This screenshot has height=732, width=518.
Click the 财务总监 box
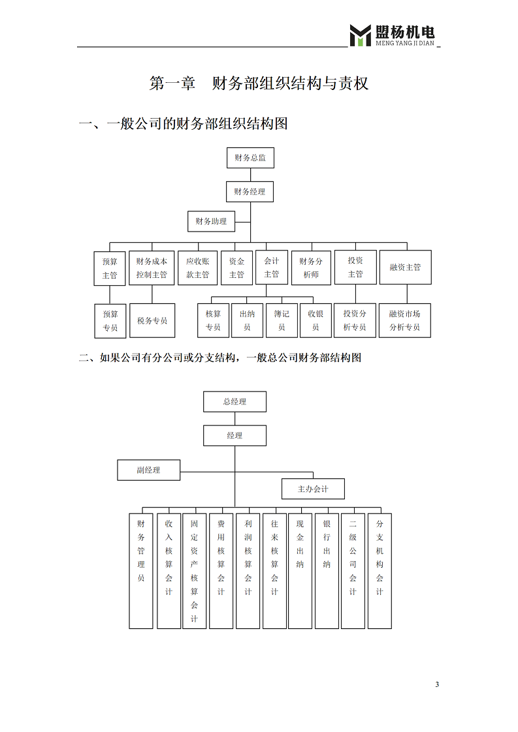(x=250, y=158)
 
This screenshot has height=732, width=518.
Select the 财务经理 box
(x=250, y=191)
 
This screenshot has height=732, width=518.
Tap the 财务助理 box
(x=211, y=221)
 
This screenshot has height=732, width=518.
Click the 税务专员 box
(x=152, y=321)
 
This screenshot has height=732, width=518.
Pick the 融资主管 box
(x=406, y=267)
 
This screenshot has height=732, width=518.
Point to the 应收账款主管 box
(x=198, y=267)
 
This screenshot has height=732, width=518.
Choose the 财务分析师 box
(x=311, y=267)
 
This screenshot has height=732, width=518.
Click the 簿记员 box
(x=282, y=321)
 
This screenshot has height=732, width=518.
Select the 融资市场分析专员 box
(x=405, y=321)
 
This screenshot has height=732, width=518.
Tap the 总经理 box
(x=235, y=401)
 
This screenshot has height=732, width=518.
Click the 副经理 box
(x=149, y=470)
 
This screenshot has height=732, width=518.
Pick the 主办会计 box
(x=314, y=489)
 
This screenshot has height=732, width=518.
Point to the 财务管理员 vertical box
(x=141, y=571)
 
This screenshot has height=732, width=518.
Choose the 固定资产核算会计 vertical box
(x=195, y=571)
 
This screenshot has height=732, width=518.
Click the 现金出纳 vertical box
(x=300, y=571)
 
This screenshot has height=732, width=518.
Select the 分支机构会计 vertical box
(x=380, y=571)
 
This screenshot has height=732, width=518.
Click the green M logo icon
(x=360, y=35)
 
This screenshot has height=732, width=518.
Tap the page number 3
(x=437, y=684)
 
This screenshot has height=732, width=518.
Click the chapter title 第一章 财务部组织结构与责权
(x=259, y=83)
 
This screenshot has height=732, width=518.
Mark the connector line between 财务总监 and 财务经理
(x=251, y=175)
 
